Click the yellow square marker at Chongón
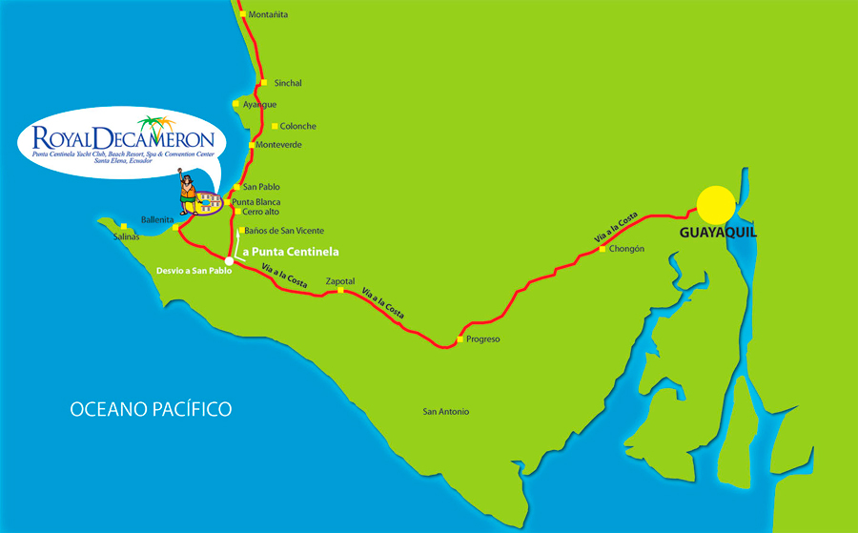[603, 249]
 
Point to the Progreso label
[483, 339]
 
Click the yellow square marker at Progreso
[460, 339]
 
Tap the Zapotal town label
[340, 282]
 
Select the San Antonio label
[445, 412]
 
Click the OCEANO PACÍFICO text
[151, 410]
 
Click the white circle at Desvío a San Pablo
[229, 260]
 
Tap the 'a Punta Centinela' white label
[292, 251]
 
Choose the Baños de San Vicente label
[284, 231]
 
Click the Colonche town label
[298, 126]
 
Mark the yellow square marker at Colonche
[275, 126]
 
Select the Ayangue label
[259, 104]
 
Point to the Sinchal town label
[287, 83]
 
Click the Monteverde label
[279, 145]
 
